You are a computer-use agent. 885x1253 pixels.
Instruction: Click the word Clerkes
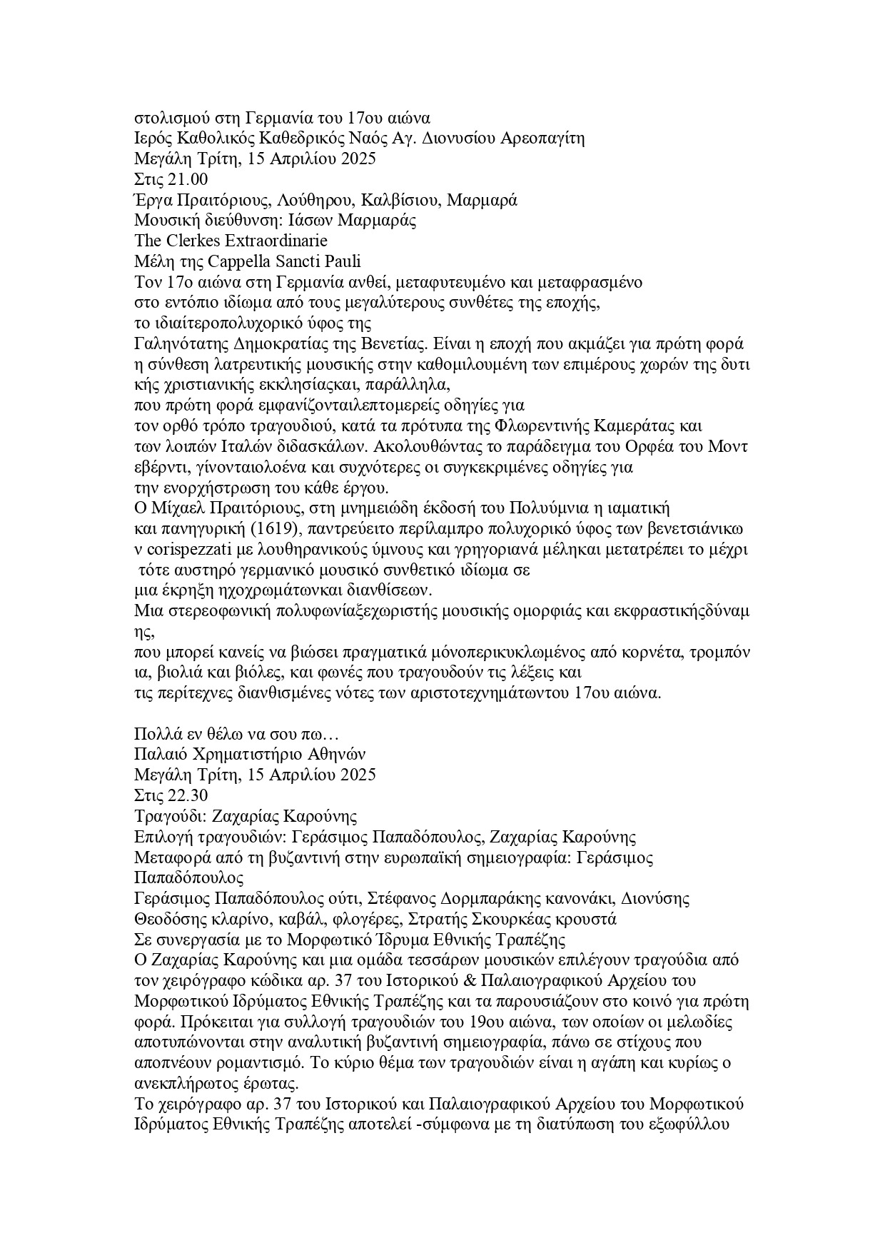pyautogui.click(x=193, y=241)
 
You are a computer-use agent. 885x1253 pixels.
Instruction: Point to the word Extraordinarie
pyautogui.click(x=276, y=241)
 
